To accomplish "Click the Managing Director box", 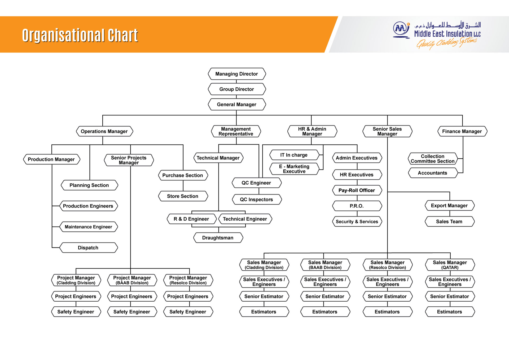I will point(236,74).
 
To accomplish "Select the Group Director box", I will point(236,89).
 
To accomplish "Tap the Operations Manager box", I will point(104,131).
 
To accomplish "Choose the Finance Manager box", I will point(462,131).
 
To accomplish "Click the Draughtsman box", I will point(218,238).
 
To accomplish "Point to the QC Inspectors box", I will point(256,199).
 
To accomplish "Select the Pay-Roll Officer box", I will point(357,190).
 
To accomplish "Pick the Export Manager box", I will point(449,206).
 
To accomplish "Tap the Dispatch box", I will point(88,248).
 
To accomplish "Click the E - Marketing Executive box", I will point(294,169).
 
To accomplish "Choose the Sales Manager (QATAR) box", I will point(450,264).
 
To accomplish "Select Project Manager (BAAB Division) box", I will point(132,280).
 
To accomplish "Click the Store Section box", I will point(182,196).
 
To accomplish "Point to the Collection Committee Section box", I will point(432,159).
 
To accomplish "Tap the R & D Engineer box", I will point(191,219).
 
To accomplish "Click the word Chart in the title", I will point(123,35).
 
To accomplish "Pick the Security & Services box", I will point(357,222).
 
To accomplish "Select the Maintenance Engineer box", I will point(88,227).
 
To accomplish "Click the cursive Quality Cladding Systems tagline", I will point(446,43).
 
